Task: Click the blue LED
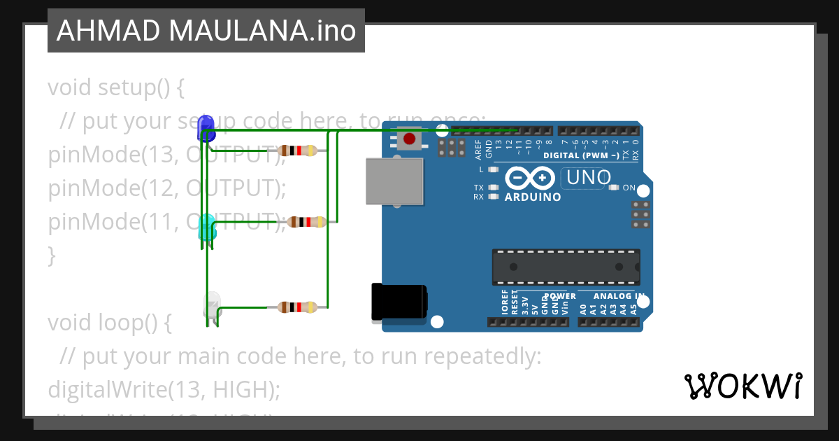click(206, 127)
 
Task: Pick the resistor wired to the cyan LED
click(307, 223)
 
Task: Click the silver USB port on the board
click(395, 181)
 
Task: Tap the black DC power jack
click(399, 302)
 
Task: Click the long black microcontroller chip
click(566, 267)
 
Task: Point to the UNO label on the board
click(589, 178)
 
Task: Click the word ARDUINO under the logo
click(533, 197)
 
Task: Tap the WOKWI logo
click(743, 386)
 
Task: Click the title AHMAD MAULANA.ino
click(206, 31)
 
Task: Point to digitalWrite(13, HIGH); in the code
click(164, 389)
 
